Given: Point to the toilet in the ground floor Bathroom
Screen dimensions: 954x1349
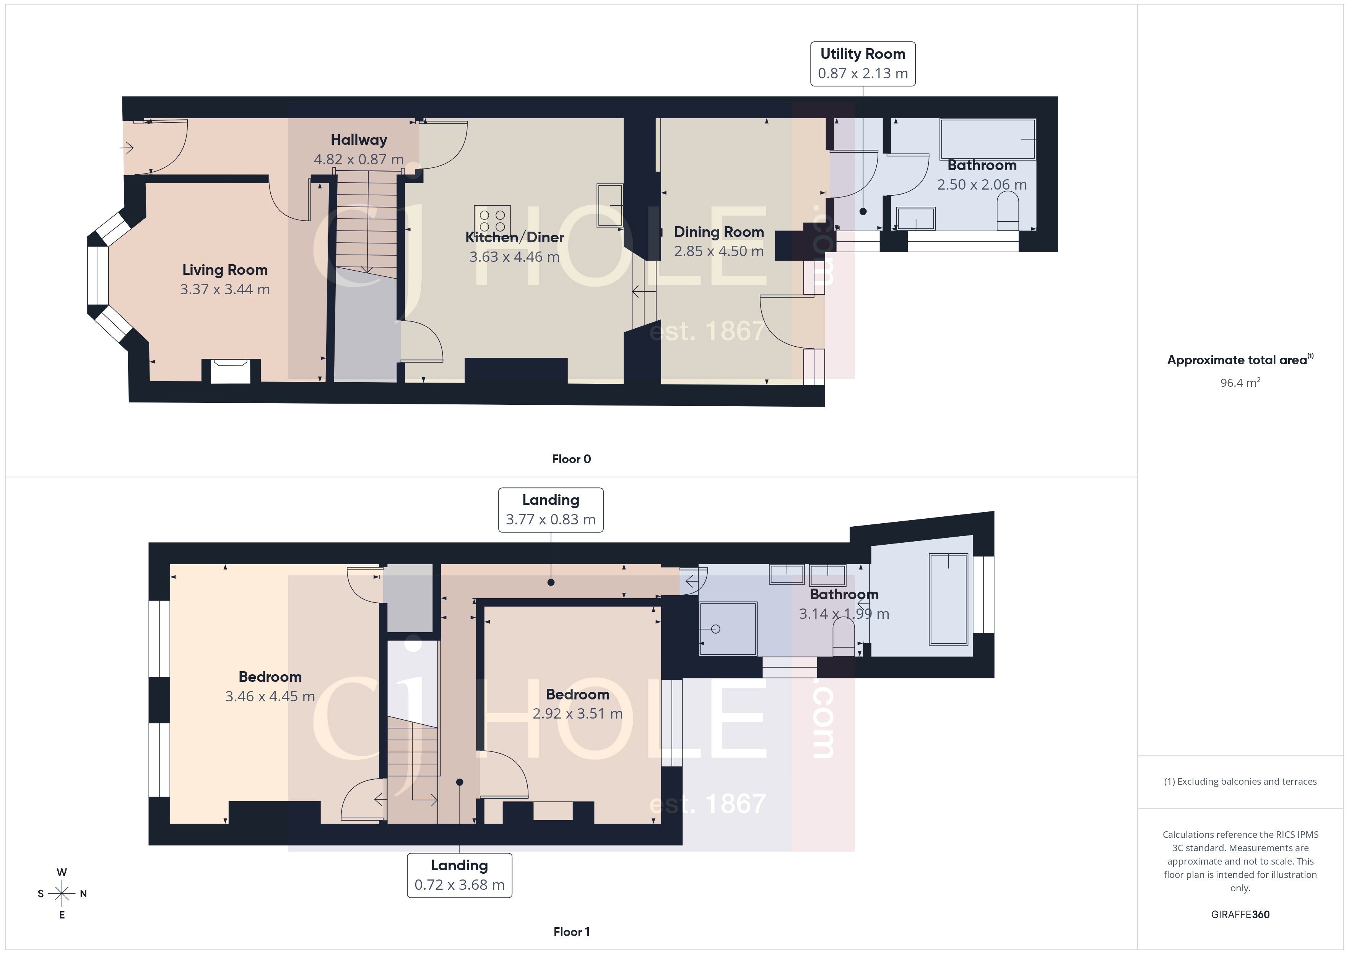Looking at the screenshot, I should pos(1008,213).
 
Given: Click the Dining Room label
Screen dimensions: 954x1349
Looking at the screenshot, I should pos(718,232).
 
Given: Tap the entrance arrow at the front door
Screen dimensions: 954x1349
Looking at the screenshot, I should pos(127,148).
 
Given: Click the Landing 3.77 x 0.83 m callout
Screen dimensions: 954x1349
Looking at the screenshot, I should pos(551,510).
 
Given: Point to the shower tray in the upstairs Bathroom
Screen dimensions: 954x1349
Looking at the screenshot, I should pos(727,629).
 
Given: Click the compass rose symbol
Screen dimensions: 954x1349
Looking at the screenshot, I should pos(62,894).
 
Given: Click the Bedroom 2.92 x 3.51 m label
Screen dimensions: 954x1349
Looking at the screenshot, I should pos(577,704).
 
